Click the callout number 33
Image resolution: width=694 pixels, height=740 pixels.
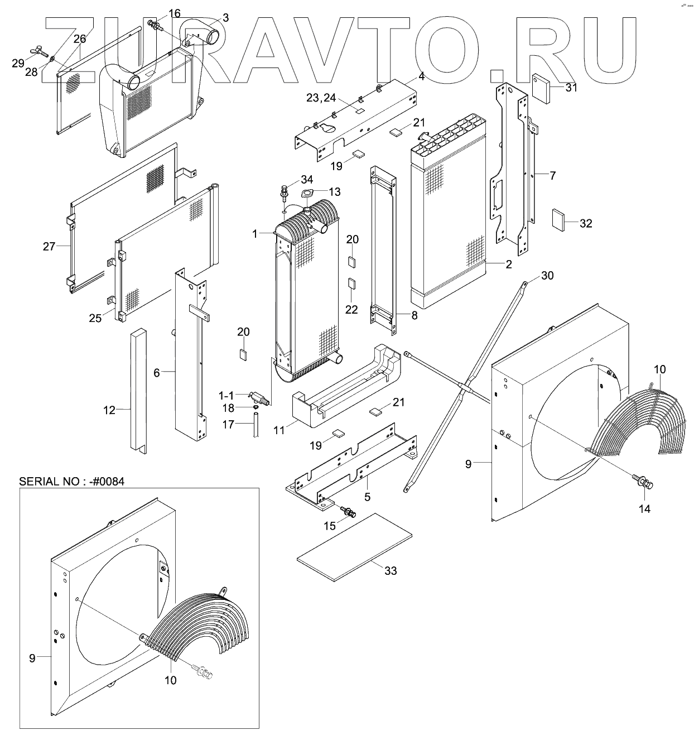point(391,571)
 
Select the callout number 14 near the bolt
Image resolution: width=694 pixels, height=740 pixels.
point(644,509)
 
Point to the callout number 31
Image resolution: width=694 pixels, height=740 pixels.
point(571,87)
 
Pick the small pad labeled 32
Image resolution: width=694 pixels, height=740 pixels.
point(558,219)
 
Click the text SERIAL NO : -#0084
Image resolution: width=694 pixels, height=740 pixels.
point(72,481)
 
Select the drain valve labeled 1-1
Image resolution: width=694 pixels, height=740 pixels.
point(259,398)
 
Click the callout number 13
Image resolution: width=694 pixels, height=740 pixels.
point(334,191)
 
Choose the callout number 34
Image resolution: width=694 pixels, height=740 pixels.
point(307,179)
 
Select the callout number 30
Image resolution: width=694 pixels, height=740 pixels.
point(547,276)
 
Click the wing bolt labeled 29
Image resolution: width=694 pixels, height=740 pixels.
point(38,54)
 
